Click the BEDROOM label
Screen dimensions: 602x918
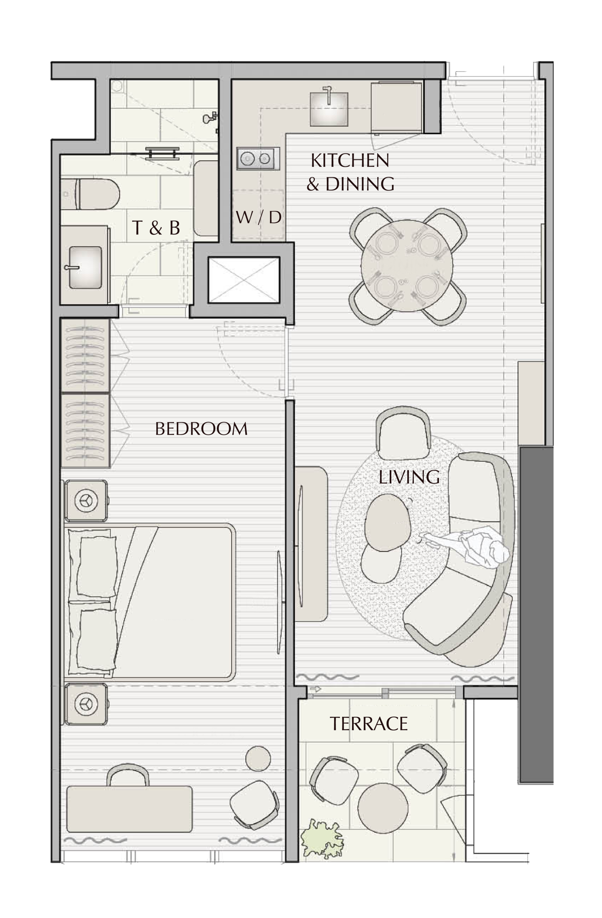[201, 429]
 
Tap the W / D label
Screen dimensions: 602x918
[259, 218]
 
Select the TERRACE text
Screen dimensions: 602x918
[368, 724]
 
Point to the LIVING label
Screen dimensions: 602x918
[409, 477]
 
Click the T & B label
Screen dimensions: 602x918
[156, 228]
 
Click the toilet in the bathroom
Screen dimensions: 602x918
[90, 194]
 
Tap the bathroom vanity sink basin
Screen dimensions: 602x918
[85, 267]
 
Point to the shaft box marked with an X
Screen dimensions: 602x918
[243, 280]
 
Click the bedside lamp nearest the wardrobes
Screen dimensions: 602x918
[86, 501]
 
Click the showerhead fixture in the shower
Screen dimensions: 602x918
[210, 118]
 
